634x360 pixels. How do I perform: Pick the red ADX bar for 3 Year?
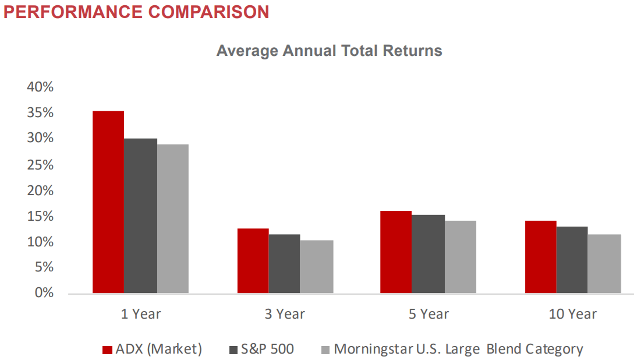click(x=253, y=260)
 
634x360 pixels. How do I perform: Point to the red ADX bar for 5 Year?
click(x=395, y=252)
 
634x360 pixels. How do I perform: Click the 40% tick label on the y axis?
click(x=40, y=87)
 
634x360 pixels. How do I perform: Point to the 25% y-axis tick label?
click(x=40, y=164)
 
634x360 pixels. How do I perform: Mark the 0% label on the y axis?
click(x=44, y=292)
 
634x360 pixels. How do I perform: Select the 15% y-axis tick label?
click(x=40, y=216)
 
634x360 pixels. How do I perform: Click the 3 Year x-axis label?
click(x=285, y=314)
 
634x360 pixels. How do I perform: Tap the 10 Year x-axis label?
click(x=572, y=314)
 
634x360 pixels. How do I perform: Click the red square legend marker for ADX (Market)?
click(x=107, y=350)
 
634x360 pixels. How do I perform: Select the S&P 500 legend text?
click(x=267, y=349)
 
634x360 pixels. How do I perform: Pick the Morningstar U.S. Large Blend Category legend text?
click(x=458, y=349)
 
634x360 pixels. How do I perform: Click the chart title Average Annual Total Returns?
click(x=329, y=51)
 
